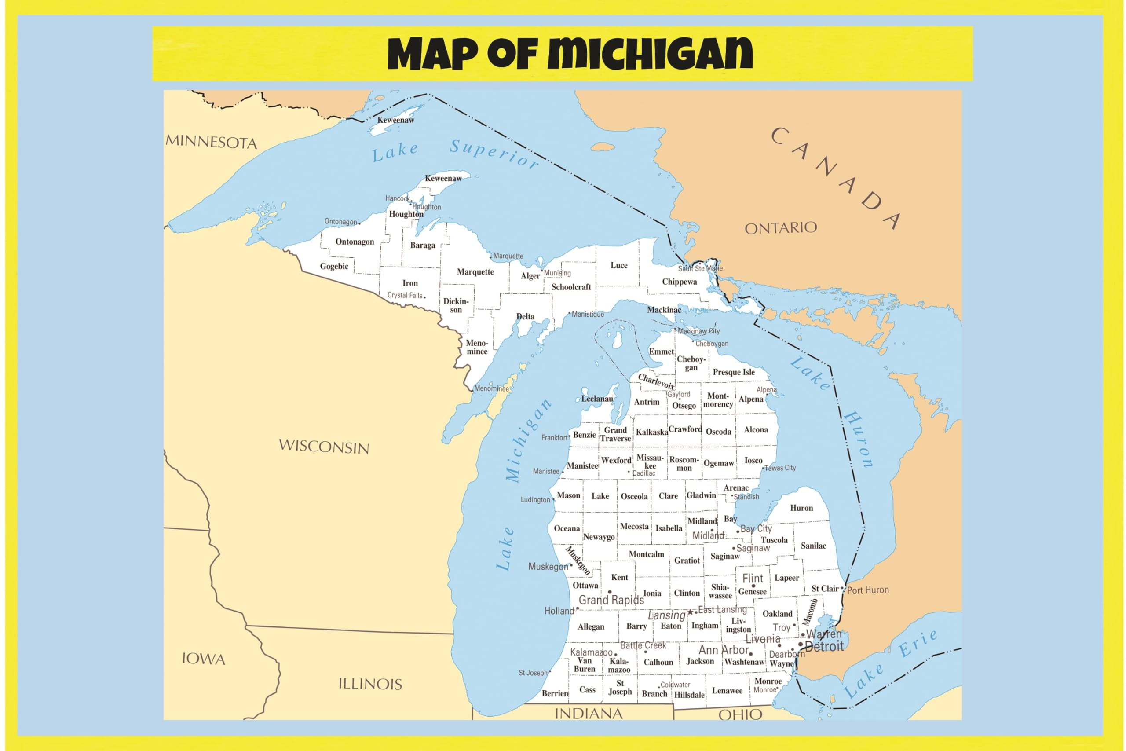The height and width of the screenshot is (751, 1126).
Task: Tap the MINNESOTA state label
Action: point(211,142)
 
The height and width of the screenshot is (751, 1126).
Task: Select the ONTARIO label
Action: point(780,228)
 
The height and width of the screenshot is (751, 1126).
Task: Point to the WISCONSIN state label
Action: point(324,447)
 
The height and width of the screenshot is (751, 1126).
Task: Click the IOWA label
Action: point(204,659)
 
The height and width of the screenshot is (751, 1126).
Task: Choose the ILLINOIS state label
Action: point(370,684)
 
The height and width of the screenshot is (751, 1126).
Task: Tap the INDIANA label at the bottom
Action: point(589,714)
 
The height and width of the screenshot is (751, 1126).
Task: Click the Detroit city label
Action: point(824,647)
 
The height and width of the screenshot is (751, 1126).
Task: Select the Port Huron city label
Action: point(867,590)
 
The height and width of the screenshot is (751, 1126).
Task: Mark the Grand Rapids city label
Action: point(611,600)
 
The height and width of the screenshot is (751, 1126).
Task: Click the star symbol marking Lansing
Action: point(690,612)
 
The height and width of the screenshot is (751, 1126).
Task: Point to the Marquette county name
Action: point(475,272)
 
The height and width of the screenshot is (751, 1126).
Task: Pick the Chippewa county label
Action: point(679,282)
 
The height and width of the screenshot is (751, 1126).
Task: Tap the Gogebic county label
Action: point(334,266)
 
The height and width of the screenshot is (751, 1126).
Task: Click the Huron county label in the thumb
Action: point(801,508)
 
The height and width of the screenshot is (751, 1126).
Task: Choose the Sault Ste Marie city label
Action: point(699,269)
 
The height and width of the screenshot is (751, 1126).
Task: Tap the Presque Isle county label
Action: point(733,372)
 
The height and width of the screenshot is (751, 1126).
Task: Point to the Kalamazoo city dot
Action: point(615,654)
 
